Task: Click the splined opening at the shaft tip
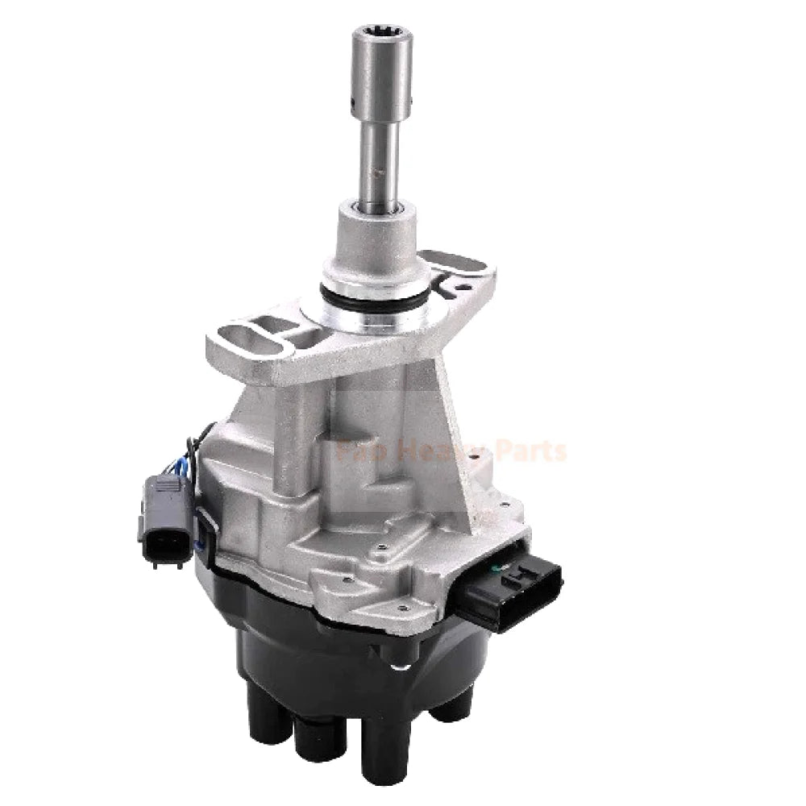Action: point(381,36)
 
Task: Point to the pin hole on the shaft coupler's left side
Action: point(355,104)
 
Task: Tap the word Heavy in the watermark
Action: point(435,451)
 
